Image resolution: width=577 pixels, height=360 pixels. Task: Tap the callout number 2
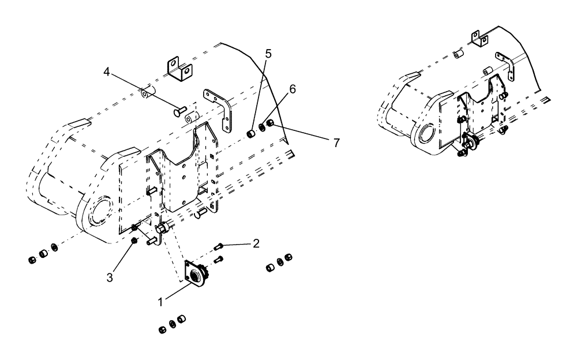(x=255, y=243)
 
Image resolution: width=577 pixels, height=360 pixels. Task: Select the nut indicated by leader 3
(x=134, y=240)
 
